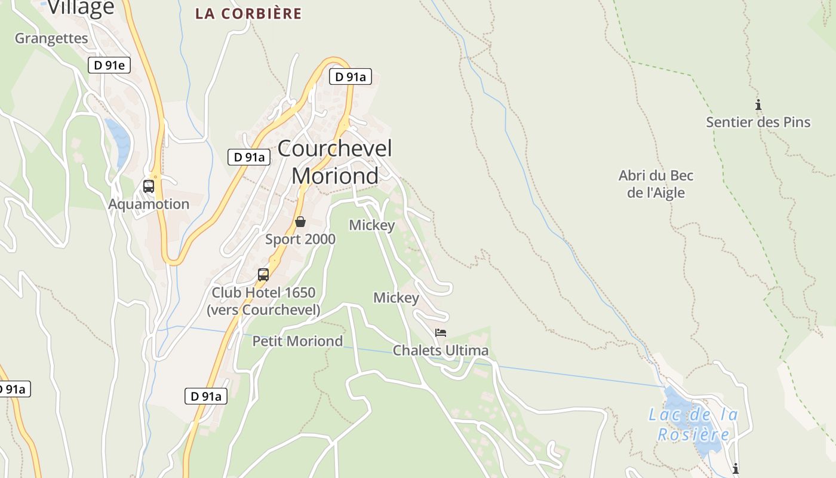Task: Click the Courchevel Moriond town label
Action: click(x=334, y=162)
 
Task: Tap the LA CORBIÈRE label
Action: click(x=248, y=13)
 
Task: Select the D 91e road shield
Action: click(x=109, y=65)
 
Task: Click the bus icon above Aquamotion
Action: click(x=149, y=186)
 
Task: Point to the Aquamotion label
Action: click(x=149, y=204)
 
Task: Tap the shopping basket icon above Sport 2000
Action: click(x=300, y=222)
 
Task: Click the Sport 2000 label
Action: click(x=300, y=239)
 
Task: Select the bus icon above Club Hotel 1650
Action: click(x=263, y=275)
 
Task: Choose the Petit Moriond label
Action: click(x=297, y=341)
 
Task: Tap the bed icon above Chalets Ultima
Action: click(x=441, y=333)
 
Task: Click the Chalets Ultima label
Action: click(x=441, y=350)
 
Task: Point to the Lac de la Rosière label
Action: click(x=693, y=424)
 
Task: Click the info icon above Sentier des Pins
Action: click(x=758, y=105)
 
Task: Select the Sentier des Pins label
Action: click(x=758, y=122)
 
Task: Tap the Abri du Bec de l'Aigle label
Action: click(x=656, y=184)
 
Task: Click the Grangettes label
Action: click(x=51, y=38)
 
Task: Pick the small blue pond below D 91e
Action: click(x=118, y=141)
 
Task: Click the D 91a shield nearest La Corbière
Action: click(x=351, y=76)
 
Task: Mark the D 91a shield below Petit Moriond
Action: click(x=206, y=396)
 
